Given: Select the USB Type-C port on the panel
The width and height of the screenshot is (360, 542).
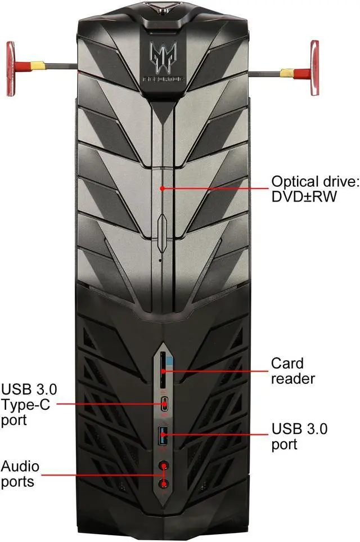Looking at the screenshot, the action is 163,404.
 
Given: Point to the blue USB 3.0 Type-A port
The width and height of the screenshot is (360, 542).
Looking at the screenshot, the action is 163,434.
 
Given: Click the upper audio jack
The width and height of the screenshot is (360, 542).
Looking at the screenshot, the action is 164,465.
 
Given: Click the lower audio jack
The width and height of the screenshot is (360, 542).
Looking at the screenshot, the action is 164,483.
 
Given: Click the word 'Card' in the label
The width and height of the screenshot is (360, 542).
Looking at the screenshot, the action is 287,364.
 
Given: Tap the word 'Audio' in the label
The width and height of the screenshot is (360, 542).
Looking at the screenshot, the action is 19,466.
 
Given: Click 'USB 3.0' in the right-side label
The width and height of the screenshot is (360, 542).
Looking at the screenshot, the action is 299,429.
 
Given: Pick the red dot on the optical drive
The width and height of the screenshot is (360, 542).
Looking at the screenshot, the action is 161,188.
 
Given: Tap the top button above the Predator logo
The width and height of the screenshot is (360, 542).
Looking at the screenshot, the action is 162,7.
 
